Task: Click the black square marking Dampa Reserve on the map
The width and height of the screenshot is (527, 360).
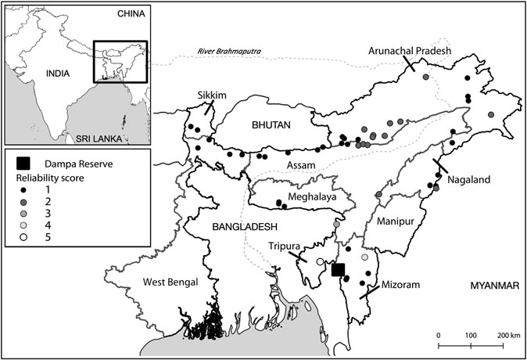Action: pos(338,270)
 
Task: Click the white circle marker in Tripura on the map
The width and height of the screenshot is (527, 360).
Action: pos(321,261)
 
